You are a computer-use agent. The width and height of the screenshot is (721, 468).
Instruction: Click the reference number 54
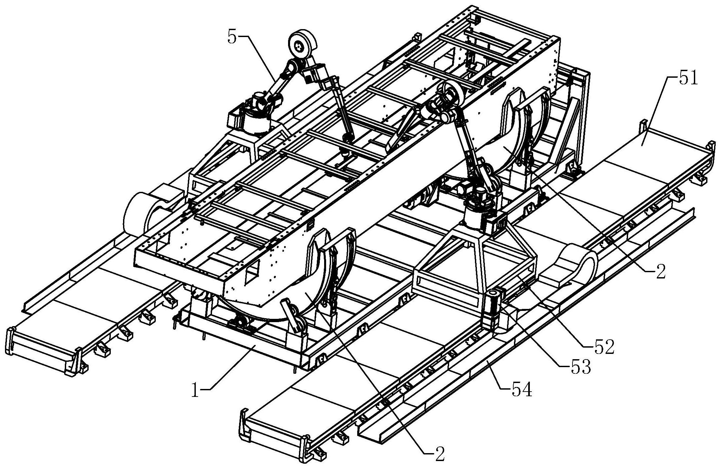pyautogui.click(x=522, y=390)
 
